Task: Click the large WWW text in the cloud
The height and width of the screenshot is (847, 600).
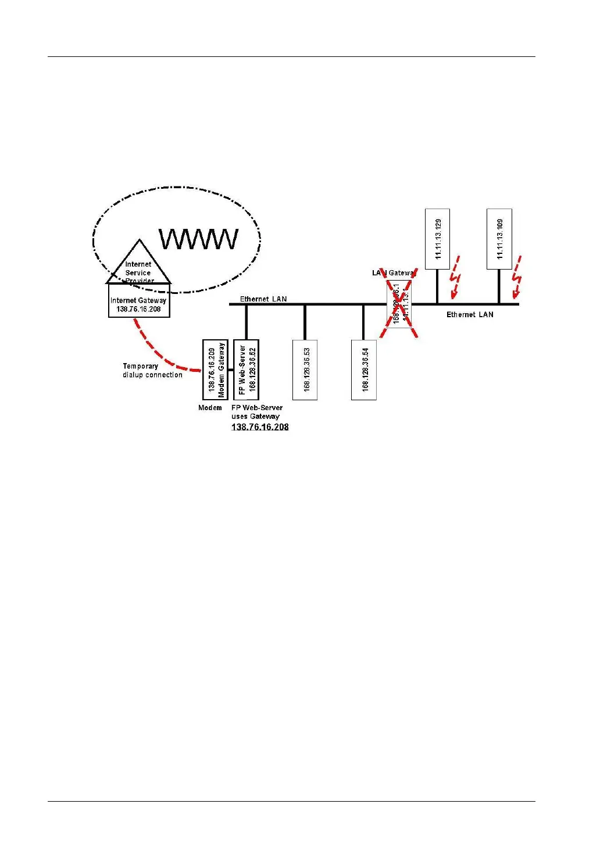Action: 199,239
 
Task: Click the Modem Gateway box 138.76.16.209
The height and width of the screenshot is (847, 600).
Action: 215,369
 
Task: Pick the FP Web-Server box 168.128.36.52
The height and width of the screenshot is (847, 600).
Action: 247,369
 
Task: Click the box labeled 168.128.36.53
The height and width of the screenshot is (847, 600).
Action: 305,370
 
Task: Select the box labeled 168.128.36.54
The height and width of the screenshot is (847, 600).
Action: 364,370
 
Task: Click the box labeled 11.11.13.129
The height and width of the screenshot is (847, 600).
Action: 438,239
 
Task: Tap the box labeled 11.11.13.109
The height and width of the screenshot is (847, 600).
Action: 499,239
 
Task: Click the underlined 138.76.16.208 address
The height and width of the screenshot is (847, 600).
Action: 260,427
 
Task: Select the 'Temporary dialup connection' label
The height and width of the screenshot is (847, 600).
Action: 152,371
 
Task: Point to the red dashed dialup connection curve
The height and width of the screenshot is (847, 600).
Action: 160,351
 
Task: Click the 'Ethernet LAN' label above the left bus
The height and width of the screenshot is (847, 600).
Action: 263,299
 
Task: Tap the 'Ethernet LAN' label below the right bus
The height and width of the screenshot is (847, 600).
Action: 470,315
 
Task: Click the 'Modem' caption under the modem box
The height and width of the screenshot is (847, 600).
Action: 210,408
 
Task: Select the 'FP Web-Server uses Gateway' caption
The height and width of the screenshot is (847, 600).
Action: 256,412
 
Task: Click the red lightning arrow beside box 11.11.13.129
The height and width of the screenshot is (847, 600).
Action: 456,278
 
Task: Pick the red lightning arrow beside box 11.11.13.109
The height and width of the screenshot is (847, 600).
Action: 516,278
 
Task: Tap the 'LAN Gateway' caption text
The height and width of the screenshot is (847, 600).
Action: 394,273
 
